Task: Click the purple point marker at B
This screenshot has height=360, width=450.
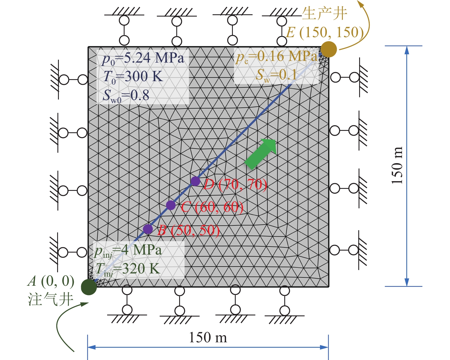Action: [x=148, y=229]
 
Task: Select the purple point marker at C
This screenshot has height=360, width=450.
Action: [x=171, y=205]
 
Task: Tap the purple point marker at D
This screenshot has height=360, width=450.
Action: [x=195, y=181]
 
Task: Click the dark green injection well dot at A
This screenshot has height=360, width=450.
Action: [x=89, y=287]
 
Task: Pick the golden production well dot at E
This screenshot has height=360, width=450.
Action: [x=329, y=49]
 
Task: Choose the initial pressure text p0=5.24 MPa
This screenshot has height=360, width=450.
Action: [x=143, y=58]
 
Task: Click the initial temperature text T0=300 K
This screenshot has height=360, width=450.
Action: [x=133, y=77]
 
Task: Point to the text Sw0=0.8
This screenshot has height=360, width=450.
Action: [x=126, y=95]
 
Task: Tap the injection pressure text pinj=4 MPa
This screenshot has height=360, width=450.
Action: [x=128, y=250]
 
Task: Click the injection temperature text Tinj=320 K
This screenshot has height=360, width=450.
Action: [x=127, y=269]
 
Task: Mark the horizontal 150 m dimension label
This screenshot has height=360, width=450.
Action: [x=208, y=337]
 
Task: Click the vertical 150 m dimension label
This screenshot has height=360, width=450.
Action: [x=397, y=165]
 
